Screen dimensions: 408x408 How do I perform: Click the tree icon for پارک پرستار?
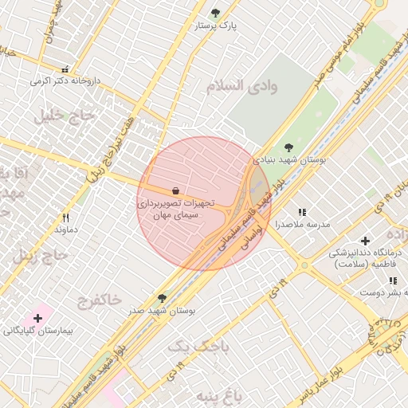point(215,13)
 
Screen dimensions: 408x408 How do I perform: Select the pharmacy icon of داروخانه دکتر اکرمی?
point(65,69)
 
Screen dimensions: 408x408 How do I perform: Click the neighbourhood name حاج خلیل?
point(64,116)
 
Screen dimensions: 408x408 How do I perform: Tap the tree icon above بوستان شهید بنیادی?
point(288,147)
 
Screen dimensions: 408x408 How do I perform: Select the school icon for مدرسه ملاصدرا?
point(302,212)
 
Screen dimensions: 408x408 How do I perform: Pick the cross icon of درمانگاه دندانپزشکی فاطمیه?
point(365,241)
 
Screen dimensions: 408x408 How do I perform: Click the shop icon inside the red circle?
point(175,190)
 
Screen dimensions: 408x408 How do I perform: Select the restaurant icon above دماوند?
point(66,217)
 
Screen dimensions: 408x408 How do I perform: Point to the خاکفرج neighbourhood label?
point(100,300)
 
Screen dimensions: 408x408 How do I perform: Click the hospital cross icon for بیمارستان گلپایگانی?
point(37,318)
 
